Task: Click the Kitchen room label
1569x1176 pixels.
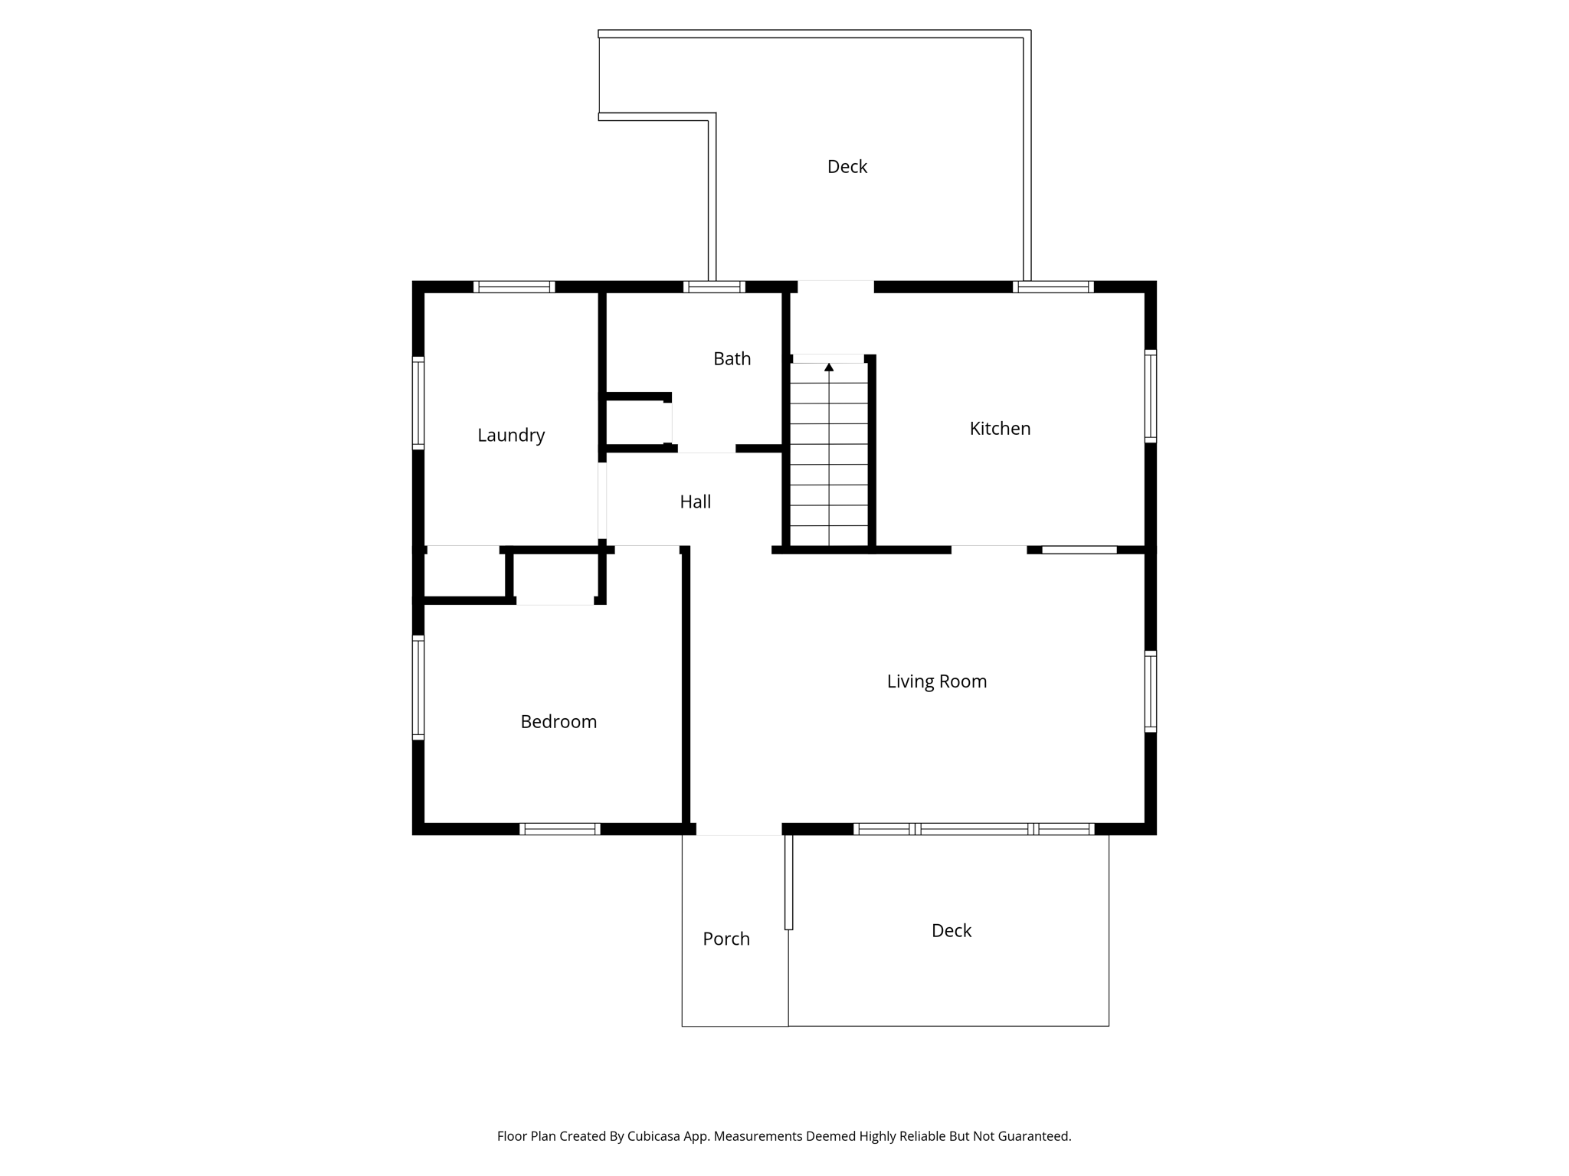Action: (x=1000, y=429)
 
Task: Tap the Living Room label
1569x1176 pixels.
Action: (x=936, y=681)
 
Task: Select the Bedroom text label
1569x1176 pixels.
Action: (x=558, y=721)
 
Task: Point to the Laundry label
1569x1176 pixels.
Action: (x=511, y=435)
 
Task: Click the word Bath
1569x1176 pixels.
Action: (x=732, y=358)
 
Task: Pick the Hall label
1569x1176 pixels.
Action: (x=695, y=501)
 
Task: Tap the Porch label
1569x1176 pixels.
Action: (x=726, y=939)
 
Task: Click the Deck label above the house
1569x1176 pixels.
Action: (x=847, y=166)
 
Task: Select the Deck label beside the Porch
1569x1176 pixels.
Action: (x=951, y=930)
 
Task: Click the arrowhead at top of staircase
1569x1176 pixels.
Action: (x=829, y=367)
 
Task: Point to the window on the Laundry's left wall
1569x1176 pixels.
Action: (x=418, y=403)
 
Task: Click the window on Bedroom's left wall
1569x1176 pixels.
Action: (x=418, y=688)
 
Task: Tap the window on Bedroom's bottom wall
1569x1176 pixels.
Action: (x=559, y=829)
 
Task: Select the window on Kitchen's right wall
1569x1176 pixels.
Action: (x=1150, y=396)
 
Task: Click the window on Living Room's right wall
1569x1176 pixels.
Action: (x=1150, y=691)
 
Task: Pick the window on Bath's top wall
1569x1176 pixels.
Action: (x=714, y=287)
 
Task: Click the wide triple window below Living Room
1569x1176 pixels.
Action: (x=974, y=829)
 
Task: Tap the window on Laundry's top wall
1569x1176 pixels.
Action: (x=514, y=287)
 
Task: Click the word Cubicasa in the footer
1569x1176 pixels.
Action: (x=657, y=1136)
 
